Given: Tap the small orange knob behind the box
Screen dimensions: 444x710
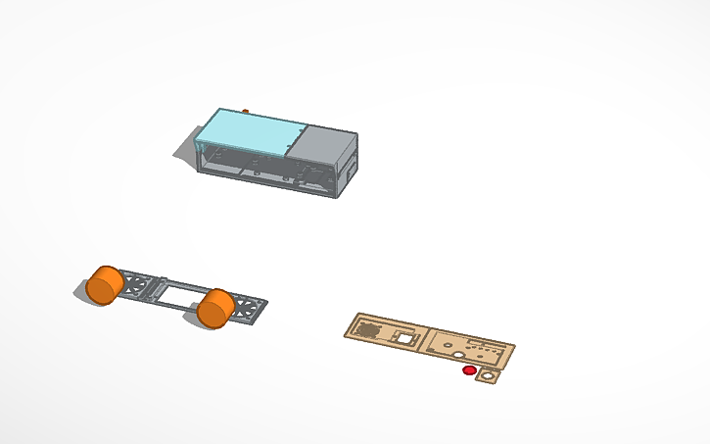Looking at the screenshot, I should point(245,111).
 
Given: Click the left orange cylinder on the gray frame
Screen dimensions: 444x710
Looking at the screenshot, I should point(103,283).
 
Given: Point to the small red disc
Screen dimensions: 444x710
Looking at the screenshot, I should point(469,370).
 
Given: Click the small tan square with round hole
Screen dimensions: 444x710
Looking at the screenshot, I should point(485,375).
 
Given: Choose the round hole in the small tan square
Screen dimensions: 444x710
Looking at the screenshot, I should point(486,375).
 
